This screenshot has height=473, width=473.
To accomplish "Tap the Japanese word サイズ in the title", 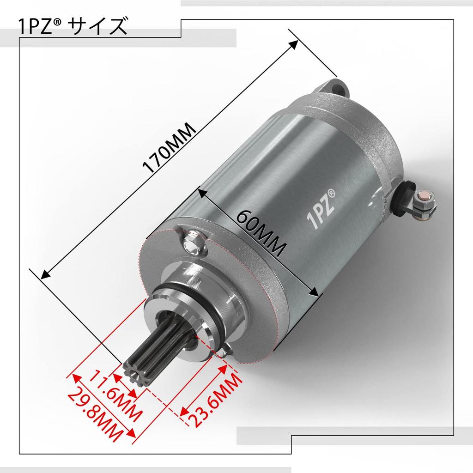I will (x=97, y=26).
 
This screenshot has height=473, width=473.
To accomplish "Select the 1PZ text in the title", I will (x=35, y=27).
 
